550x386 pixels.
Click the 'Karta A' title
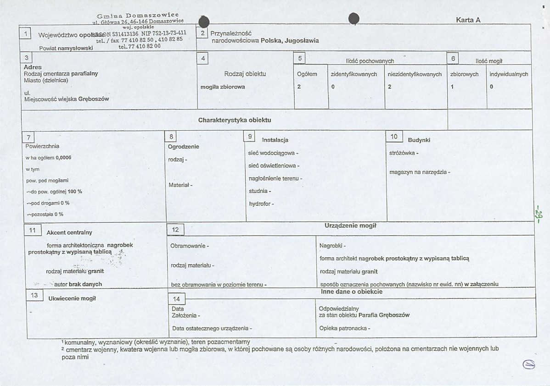coord(468,20)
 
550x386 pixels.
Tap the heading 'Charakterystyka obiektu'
coord(235,120)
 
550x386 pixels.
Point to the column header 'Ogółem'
coord(307,74)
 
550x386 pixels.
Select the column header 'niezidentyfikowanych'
coord(415,74)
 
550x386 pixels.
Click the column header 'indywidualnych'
coord(509,74)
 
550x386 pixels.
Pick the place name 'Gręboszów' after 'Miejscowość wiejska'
coord(94,99)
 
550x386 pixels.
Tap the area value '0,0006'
coord(63,158)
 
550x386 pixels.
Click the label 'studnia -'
coord(260,191)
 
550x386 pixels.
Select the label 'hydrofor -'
coord(261,204)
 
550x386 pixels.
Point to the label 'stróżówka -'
coord(404,153)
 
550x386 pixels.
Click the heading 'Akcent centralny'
coord(69,232)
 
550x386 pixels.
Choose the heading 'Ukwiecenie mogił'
coord(72,298)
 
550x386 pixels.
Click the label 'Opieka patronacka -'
coord(344,328)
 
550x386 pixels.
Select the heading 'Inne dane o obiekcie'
coord(352,292)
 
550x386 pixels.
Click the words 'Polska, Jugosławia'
coord(290,41)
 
